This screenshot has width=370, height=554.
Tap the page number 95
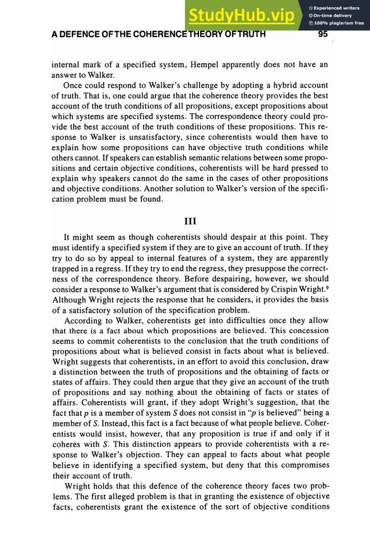[323, 34]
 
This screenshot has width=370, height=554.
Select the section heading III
[190, 220]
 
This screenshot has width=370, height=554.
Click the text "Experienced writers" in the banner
[337, 8]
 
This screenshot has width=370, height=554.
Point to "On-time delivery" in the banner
[333, 15]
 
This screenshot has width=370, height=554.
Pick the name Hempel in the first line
[217, 64]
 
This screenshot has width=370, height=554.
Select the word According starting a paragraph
[85, 320]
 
